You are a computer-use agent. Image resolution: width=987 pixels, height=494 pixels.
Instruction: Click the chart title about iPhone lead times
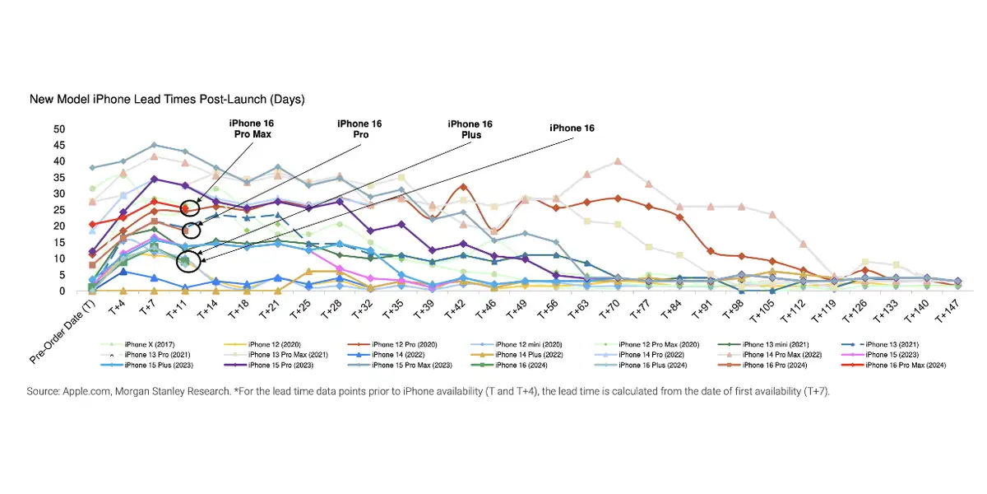(x=167, y=100)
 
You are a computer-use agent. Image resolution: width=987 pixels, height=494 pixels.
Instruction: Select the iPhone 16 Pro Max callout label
(x=251, y=128)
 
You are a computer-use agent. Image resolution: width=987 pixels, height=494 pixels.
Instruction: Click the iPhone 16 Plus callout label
(x=470, y=129)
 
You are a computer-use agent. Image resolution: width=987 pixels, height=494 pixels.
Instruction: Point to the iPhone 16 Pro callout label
(x=359, y=128)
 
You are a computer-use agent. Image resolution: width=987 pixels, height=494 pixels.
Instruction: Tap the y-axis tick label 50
(x=59, y=129)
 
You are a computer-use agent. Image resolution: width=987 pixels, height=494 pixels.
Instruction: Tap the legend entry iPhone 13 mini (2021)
(x=773, y=343)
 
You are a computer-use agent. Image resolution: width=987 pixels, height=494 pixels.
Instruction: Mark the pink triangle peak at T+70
(x=618, y=161)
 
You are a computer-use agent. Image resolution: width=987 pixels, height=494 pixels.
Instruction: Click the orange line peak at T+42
(x=463, y=188)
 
